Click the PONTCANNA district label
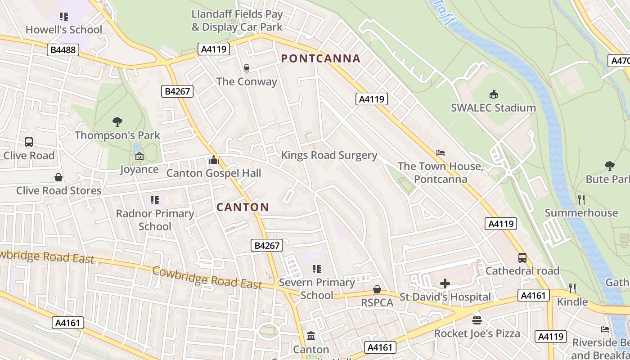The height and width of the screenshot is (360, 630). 320,58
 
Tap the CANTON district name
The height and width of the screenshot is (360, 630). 243,207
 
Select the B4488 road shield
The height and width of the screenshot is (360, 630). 63,49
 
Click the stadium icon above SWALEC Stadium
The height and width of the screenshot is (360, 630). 493,94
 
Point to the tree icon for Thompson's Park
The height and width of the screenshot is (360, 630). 117,121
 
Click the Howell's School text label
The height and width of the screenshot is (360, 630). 64,30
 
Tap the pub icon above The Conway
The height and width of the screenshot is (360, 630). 246,68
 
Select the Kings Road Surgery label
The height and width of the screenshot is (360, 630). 329,155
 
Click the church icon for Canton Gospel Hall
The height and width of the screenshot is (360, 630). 214,160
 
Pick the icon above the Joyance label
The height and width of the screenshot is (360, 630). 139,156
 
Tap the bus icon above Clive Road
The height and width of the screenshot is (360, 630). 29,142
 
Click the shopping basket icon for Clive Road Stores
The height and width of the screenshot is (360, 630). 58,177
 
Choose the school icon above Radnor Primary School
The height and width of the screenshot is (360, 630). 155,200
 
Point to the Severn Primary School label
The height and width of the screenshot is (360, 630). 317,289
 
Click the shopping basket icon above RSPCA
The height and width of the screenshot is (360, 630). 377,289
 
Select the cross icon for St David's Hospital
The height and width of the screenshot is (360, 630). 445,283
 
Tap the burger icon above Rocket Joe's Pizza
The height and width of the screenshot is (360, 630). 477,320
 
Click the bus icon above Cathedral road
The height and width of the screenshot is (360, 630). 522,258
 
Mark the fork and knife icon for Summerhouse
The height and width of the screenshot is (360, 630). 581,199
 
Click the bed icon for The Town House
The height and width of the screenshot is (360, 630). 441,153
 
